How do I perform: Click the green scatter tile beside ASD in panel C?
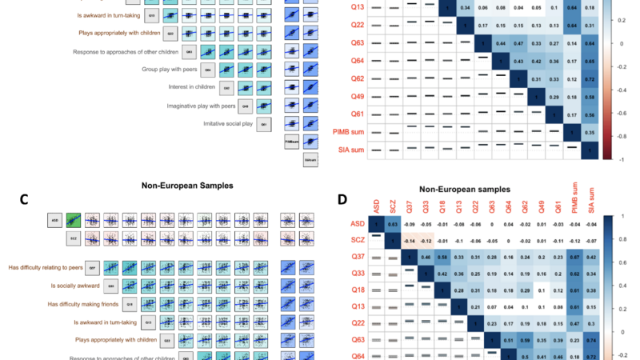pos(74,218)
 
